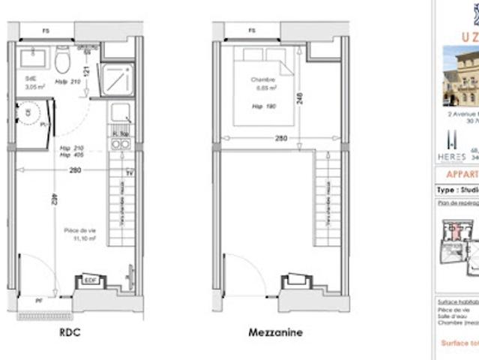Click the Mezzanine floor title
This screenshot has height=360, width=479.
pyautogui.click(x=275, y=331)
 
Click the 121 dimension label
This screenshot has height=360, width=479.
pyautogui.click(x=87, y=73)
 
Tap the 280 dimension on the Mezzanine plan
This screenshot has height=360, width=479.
pyautogui.click(x=280, y=138)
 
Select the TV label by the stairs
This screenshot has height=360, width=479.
pyautogui.click(x=130, y=173)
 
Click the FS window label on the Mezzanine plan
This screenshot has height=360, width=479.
pyautogui.click(x=252, y=31)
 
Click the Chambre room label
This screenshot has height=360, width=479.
pyautogui.click(x=263, y=79)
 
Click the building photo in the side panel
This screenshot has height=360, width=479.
pyautogui.click(x=460, y=75)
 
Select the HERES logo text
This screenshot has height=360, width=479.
pyautogui.click(x=451, y=157)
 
